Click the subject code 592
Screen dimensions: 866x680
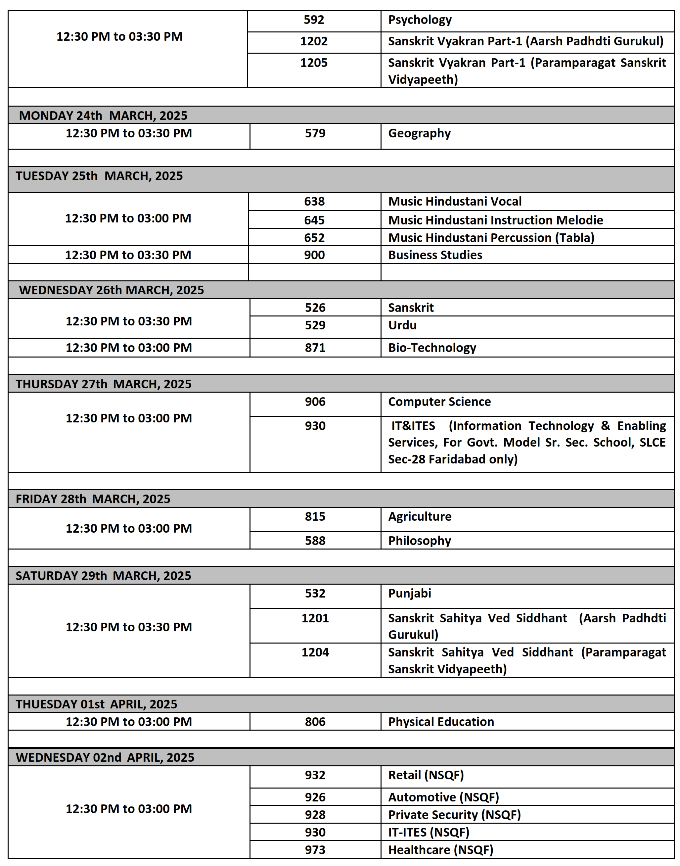point(314,20)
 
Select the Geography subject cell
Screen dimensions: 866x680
point(419,133)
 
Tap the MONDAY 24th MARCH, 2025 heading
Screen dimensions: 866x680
point(103,116)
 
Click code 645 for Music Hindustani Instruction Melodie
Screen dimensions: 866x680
point(314,220)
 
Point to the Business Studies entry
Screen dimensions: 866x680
point(435,255)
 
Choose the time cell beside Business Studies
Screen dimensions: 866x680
point(128,255)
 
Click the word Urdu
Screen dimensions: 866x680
point(402,325)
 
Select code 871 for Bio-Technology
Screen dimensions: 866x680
point(315,348)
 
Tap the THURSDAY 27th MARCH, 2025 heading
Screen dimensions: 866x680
point(104,384)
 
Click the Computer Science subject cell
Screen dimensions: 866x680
point(439,402)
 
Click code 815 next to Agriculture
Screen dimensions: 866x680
point(315,517)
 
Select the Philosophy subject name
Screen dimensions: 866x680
point(419,541)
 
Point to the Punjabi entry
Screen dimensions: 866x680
point(409,593)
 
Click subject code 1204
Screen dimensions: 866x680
point(315,652)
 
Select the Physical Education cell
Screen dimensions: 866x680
point(441,722)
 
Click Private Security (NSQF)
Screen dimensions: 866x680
point(454,815)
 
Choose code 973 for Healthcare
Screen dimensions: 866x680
point(315,850)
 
